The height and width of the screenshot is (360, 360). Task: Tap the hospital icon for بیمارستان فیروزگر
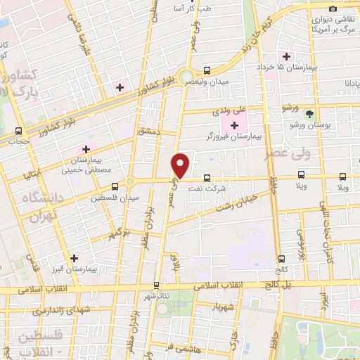(x=234, y=125)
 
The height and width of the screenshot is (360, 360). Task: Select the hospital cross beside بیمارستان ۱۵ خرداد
(x=286, y=56)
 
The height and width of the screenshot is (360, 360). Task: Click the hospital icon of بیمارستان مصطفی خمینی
(x=86, y=149)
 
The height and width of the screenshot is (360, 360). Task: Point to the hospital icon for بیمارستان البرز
(x=74, y=257)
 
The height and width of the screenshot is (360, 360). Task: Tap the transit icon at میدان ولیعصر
(x=207, y=70)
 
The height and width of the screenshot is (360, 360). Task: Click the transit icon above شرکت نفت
(x=207, y=179)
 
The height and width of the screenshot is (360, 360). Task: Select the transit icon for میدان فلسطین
(x=115, y=186)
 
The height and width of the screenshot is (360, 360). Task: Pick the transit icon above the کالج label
(x=282, y=258)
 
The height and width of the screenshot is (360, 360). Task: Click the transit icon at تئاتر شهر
(x=156, y=285)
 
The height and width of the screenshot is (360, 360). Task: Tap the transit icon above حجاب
(x=18, y=130)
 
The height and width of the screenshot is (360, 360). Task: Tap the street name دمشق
(x=149, y=131)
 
